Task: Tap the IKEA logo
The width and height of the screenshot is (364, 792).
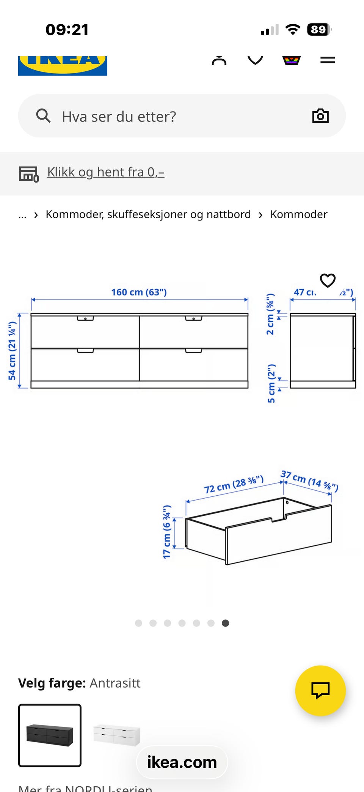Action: click(x=63, y=66)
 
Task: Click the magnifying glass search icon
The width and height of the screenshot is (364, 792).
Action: click(x=43, y=116)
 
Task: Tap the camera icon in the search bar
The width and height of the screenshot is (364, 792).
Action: click(x=320, y=116)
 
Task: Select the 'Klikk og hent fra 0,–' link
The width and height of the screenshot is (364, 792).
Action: click(x=105, y=172)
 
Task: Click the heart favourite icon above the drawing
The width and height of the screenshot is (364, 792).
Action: click(x=328, y=280)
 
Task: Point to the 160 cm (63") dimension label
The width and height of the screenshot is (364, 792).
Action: click(x=139, y=292)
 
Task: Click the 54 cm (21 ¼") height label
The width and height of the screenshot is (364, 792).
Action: click(x=12, y=351)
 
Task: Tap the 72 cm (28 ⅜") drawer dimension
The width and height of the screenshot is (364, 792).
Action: click(x=234, y=484)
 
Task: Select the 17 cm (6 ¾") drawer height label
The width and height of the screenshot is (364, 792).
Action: click(x=167, y=532)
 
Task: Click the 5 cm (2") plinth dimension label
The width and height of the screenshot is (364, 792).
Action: click(x=271, y=383)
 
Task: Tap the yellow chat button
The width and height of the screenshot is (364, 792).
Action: click(x=320, y=691)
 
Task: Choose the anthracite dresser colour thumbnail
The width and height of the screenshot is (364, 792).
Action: click(x=50, y=735)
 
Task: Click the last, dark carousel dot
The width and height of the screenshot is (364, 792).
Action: click(x=225, y=623)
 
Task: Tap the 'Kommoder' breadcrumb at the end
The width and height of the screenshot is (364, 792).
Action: click(x=299, y=214)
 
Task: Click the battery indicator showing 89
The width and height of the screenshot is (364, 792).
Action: click(x=319, y=30)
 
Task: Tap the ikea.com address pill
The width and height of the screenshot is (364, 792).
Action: click(x=182, y=762)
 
